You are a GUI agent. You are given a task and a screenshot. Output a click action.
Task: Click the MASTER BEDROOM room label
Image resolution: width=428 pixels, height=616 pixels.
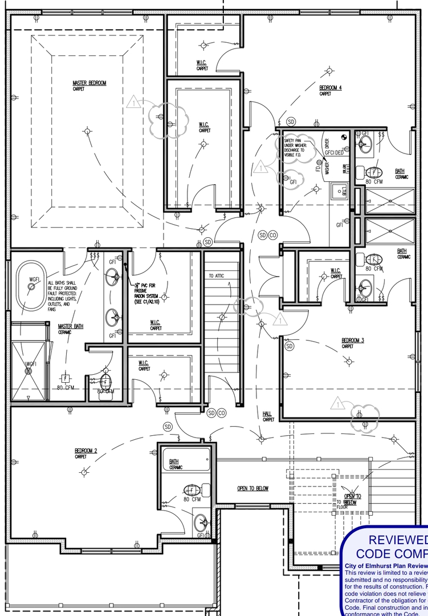tap(89, 83)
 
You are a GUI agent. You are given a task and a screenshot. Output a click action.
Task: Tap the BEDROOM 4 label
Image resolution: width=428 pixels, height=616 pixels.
tap(330, 88)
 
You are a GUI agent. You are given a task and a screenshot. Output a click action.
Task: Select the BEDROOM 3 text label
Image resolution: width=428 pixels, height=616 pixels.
tap(353, 341)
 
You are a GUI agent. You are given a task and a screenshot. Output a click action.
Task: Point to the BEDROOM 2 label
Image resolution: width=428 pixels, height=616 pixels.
tap(85, 451)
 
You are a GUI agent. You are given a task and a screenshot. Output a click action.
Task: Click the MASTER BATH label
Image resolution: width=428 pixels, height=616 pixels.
tap(71, 327)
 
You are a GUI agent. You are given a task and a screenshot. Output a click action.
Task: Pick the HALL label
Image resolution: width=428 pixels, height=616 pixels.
tap(268, 414)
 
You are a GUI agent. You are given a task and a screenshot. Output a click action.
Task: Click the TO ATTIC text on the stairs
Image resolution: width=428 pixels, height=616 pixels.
tap(217, 275)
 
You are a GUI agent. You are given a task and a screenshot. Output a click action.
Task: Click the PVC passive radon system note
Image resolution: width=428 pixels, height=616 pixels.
tap(149, 293)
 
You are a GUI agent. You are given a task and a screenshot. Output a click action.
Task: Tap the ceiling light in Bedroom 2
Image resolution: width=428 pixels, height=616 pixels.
tap(84, 472)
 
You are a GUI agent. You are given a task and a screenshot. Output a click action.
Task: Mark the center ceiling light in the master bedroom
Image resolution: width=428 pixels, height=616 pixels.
tap(87, 131)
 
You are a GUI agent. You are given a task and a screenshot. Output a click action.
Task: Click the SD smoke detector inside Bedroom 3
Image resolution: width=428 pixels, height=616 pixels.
tap(290, 346)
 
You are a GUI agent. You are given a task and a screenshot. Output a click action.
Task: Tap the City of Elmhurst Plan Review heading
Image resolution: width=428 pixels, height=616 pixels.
tap(385, 566)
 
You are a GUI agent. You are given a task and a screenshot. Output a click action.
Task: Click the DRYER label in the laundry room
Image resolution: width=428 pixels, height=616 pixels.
tap(327, 147)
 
